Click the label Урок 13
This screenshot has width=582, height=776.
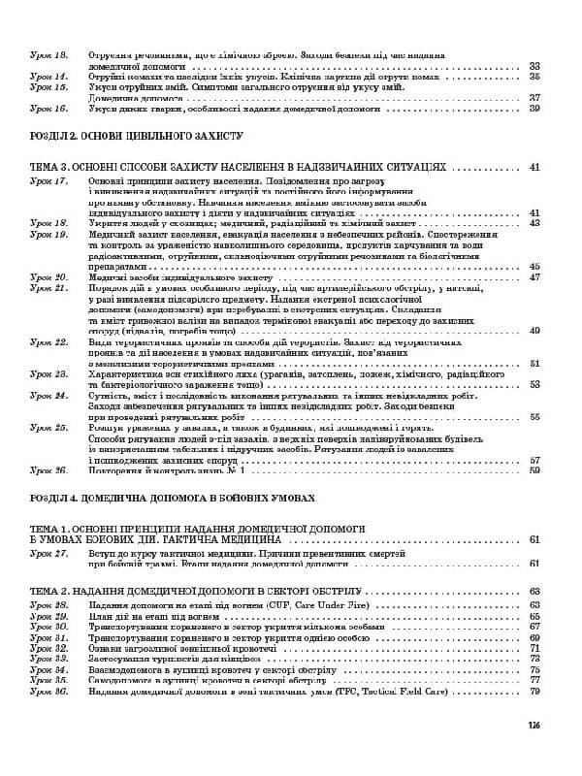(x=48, y=54)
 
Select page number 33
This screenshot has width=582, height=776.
(x=534, y=65)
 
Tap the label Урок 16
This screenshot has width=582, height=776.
(x=48, y=108)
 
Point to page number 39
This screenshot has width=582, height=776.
(x=534, y=108)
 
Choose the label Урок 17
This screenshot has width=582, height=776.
(x=48, y=180)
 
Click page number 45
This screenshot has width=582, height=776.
(x=534, y=266)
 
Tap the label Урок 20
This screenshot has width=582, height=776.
(x=48, y=277)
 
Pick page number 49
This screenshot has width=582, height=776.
(x=534, y=331)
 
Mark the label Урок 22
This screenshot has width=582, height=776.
(x=48, y=342)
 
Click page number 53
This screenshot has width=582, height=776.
(x=534, y=384)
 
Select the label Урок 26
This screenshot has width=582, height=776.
(x=48, y=470)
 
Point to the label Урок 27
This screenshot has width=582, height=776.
(x=48, y=552)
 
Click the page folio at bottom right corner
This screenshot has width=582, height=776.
(x=533, y=724)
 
